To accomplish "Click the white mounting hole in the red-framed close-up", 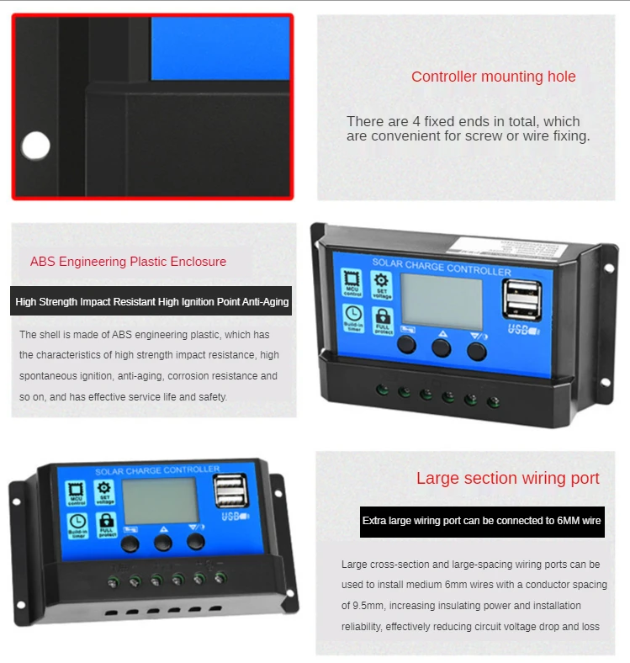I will tap(36, 146).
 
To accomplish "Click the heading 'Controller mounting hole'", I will tap(493, 77).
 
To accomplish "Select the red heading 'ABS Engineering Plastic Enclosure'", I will tap(128, 262).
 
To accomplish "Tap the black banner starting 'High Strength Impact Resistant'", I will tap(151, 301).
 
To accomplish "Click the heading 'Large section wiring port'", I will tap(507, 479).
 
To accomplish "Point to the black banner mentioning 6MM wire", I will tap(481, 521).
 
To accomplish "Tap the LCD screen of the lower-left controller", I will tap(160, 501).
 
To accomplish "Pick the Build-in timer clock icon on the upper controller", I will tap(353, 317).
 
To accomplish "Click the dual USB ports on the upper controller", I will tap(521, 300).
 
